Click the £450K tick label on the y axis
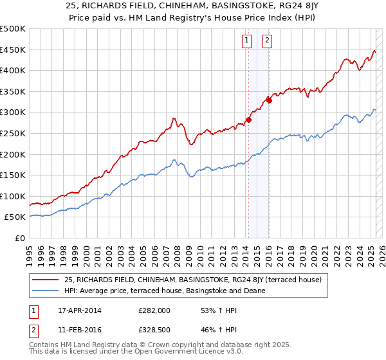click(x=13, y=50)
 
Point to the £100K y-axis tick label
click(x=13, y=196)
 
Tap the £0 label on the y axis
click(x=19, y=238)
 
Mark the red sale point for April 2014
click(x=248, y=120)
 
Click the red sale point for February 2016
click(x=269, y=100)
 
